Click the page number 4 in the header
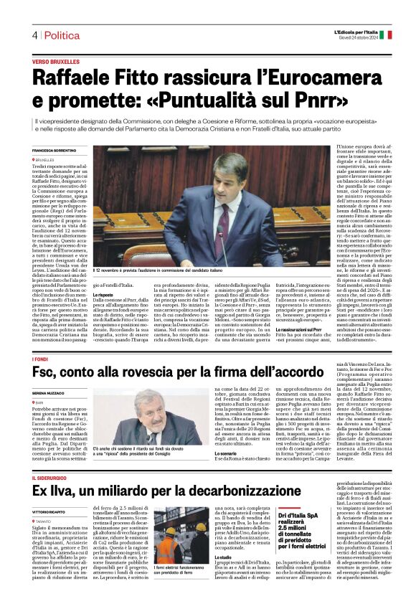[x=34, y=34]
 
